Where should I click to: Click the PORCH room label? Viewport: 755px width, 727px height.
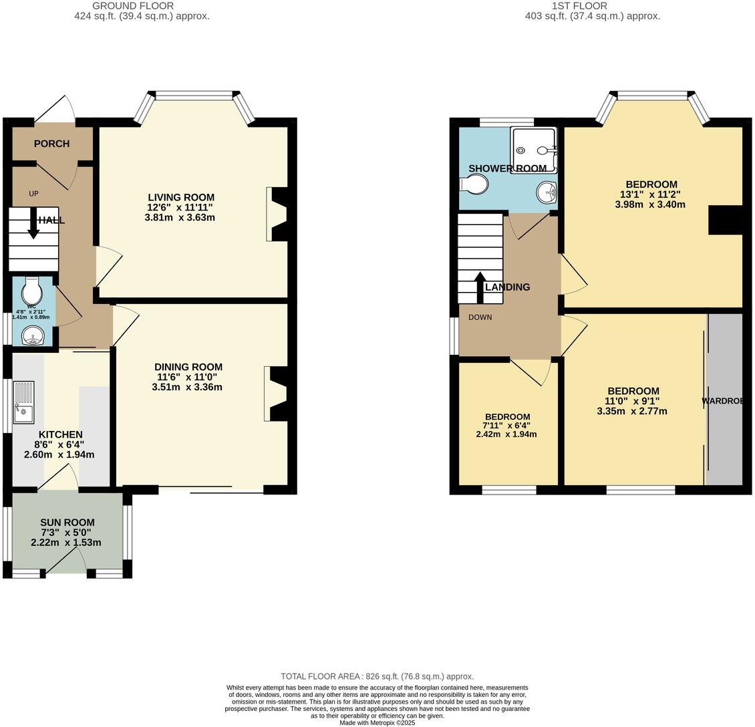click(51, 144)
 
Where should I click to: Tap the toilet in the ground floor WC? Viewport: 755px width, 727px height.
click(31, 291)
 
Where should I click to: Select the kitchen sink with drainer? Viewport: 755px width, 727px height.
click(23, 402)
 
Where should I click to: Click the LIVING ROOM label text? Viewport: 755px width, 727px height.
click(181, 197)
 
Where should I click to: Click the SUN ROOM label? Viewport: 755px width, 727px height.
click(67, 523)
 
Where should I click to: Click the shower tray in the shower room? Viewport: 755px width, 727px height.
click(533, 150)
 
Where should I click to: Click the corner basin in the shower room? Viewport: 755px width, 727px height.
click(548, 192)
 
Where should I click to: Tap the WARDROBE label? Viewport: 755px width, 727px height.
click(727, 402)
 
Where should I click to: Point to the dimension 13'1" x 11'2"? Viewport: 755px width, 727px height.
click(651, 194)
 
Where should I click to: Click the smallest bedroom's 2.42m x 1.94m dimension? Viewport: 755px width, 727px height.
click(507, 434)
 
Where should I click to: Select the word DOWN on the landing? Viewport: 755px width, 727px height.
click(480, 317)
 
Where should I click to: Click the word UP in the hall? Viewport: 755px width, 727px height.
click(33, 194)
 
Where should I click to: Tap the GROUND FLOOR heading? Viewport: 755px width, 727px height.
click(142, 6)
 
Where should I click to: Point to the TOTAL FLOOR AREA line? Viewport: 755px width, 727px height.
click(377, 676)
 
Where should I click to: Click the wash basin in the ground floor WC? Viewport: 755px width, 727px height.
click(31, 336)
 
